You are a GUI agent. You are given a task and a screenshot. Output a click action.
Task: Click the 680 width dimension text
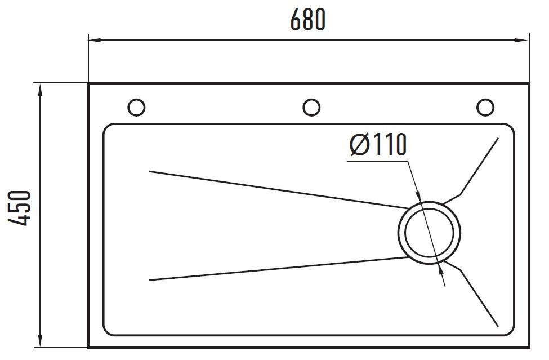[x=308, y=20]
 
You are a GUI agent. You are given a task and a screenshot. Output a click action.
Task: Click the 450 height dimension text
[x=19, y=208]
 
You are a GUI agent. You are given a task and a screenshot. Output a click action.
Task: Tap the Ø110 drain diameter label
[x=378, y=144]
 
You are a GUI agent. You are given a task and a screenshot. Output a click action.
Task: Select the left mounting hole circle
[x=136, y=107]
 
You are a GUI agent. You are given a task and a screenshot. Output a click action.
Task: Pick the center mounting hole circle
[x=311, y=107]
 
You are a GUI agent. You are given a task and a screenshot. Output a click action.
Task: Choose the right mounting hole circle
[x=485, y=107]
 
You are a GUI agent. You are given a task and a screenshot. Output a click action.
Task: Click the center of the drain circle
[x=429, y=233]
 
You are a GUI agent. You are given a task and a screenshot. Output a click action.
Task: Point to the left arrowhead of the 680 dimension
[x=95, y=40]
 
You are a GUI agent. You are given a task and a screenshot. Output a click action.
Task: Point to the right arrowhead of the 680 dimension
[x=521, y=40]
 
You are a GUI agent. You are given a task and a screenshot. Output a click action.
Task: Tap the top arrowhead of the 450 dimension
[x=41, y=90]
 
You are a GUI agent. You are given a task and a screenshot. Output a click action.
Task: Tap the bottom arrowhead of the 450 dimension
[x=41, y=341]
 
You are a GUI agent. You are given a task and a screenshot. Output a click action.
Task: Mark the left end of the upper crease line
[x=149, y=171]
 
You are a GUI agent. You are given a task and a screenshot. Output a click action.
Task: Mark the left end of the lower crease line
[x=149, y=280]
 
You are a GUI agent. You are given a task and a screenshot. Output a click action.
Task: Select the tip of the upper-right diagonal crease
[x=498, y=139]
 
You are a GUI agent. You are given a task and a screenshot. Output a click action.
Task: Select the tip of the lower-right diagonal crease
[x=498, y=326]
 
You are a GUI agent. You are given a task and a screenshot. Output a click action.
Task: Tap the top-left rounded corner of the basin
[x=106, y=126]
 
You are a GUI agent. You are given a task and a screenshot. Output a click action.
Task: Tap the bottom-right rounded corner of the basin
[x=511, y=332]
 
